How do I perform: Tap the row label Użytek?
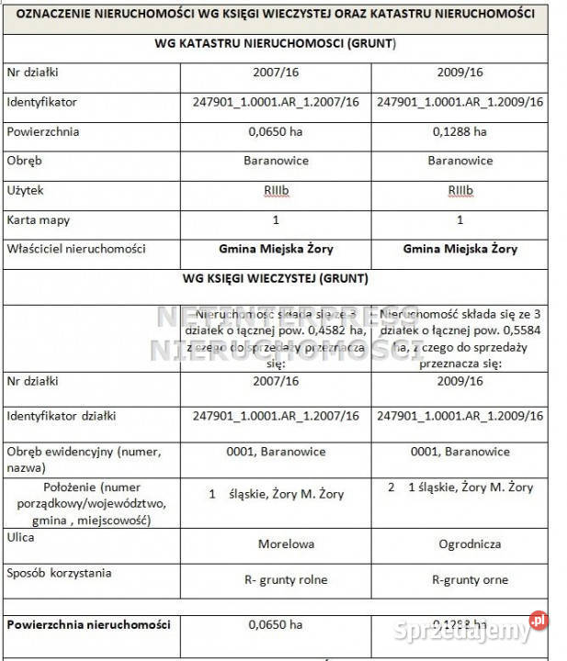click(x=25, y=190)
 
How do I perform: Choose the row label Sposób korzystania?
click(x=59, y=573)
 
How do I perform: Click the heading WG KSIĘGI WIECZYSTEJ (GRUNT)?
click(x=277, y=278)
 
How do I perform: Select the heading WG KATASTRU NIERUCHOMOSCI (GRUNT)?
click(x=277, y=43)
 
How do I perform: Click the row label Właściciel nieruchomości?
click(x=75, y=249)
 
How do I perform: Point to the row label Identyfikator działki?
click(x=61, y=415)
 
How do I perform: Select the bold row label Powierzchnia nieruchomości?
click(x=88, y=624)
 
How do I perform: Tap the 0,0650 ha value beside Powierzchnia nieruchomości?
click(x=276, y=625)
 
